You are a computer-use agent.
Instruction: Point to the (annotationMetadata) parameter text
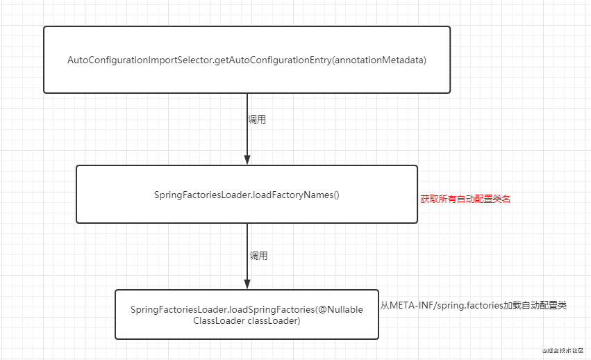pyautogui.click(x=378, y=60)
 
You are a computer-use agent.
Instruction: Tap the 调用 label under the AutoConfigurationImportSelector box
pyautogui.click(x=256, y=120)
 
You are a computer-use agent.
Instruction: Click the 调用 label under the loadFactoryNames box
pyautogui.click(x=258, y=256)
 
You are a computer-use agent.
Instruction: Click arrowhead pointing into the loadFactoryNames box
pyautogui.click(x=247, y=159)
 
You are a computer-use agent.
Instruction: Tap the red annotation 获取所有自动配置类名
pyautogui.click(x=465, y=199)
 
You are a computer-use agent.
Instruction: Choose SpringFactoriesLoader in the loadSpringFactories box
pyautogui.click(x=178, y=309)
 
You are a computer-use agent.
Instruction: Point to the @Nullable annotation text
pyautogui.click(x=340, y=309)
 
